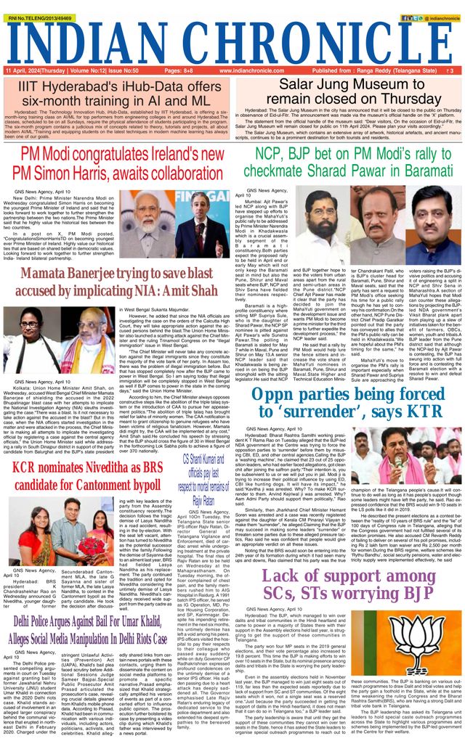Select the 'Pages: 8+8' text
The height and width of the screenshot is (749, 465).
tap(179, 71)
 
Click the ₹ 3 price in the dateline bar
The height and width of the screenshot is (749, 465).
tap(450, 71)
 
